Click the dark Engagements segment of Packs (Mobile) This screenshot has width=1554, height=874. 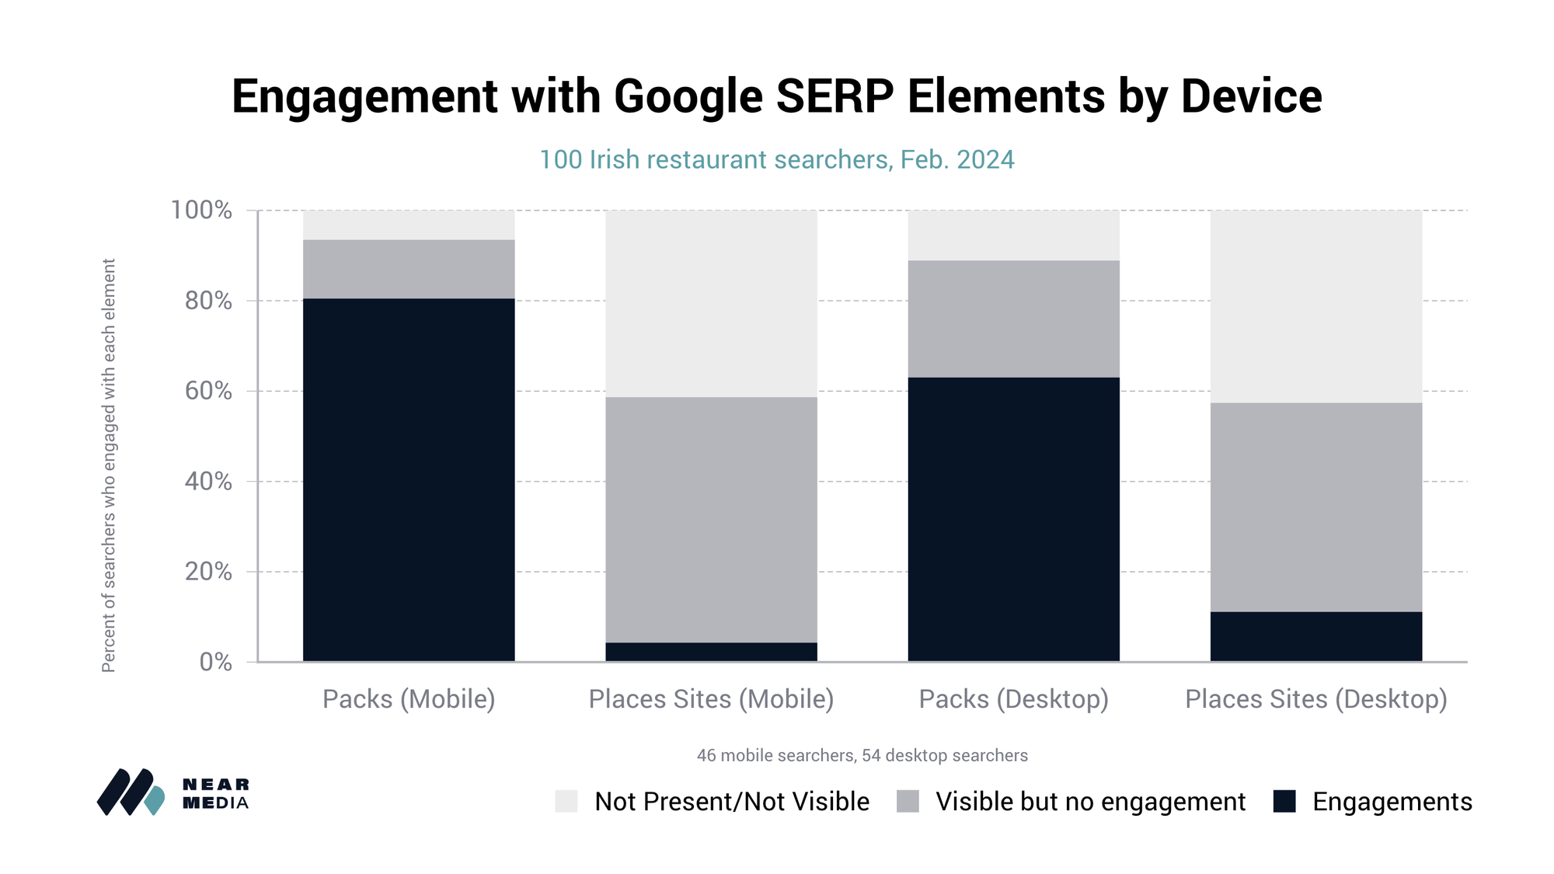[x=409, y=479]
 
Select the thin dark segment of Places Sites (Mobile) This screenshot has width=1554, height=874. [x=711, y=652]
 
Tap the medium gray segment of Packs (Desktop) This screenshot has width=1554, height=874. [x=1013, y=319]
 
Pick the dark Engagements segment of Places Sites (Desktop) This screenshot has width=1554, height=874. [x=1315, y=636]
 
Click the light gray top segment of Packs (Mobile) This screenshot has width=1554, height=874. [x=409, y=225]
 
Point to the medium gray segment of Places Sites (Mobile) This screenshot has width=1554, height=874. [x=711, y=519]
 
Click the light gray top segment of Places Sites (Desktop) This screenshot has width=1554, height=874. [x=1315, y=306]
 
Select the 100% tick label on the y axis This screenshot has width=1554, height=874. [x=201, y=210]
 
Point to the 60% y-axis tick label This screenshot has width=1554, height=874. [x=208, y=391]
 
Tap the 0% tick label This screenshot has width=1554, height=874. [x=215, y=662]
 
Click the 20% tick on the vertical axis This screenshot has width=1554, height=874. [x=208, y=572]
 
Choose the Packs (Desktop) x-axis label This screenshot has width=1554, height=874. [x=1013, y=699]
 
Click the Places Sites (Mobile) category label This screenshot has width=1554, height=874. [x=711, y=699]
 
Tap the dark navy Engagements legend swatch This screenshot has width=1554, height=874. [x=1284, y=801]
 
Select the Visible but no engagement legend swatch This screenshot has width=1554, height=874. [x=908, y=801]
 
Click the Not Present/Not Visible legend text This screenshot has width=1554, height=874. [x=731, y=801]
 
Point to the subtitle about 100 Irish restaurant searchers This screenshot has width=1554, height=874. [x=776, y=159]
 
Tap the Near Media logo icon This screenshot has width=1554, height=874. [x=131, y=792]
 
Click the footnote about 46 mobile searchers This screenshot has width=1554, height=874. [x=862, y=755]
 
